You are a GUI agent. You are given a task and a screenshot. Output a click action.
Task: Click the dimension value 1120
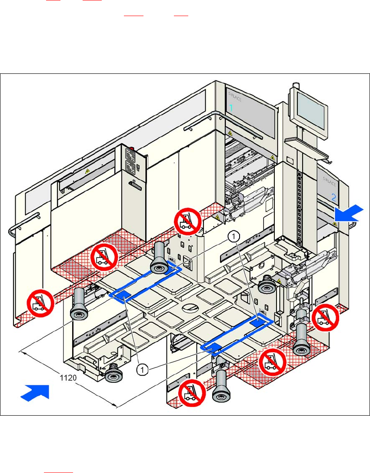[x=68, y=377]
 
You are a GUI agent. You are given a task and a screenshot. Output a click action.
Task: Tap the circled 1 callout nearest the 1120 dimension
[x=143, y=370]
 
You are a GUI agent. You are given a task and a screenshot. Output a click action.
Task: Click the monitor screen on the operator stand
[x=310, y=112]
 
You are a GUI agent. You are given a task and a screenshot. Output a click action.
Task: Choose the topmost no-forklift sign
[x=187, y=221]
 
